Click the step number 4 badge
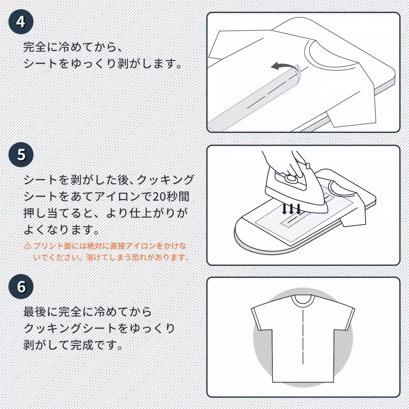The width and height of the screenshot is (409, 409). pos(21,21)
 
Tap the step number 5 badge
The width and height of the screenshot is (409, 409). pos(21,154)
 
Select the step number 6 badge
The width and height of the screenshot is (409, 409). pos(21,287)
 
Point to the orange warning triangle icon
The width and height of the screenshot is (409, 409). pos(27,246)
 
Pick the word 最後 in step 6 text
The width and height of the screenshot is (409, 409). pos(35,312)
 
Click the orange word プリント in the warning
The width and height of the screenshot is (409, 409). pos(49,246)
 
